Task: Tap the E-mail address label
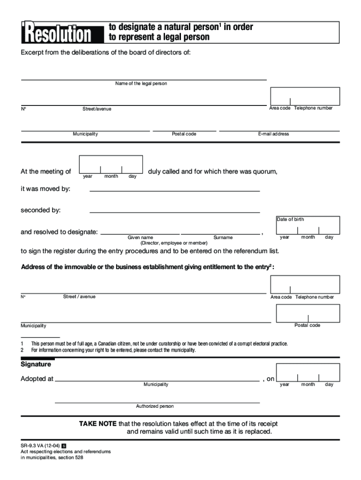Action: [x=273, y=134]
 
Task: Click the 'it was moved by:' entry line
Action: [x=174, y=190]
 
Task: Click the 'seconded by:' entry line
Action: [x=174, y=211]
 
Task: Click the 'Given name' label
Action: [x=140, y=238]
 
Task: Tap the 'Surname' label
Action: [x=223, y=238]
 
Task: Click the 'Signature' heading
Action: [x=36, y=364]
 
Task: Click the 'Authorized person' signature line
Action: [x=157, y=402]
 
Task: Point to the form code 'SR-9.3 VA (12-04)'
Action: [x=40, y=445]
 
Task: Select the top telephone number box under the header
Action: [x=305, y=96]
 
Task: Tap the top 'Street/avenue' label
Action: [x=97, y=109]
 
